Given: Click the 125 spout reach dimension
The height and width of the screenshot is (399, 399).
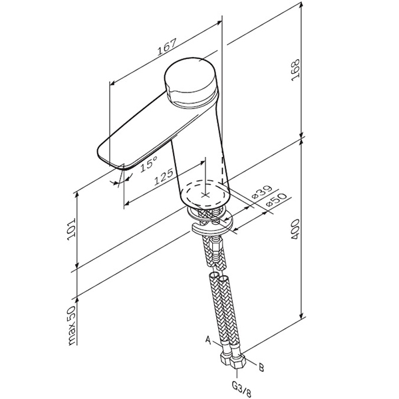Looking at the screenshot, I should pyautogui.click(x=162, y=178).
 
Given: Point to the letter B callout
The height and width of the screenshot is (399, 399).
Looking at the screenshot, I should pyautogui.click(x=262, y=366).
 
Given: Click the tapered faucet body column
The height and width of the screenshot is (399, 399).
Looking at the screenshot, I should pyautogui.click(x=199, y=153).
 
